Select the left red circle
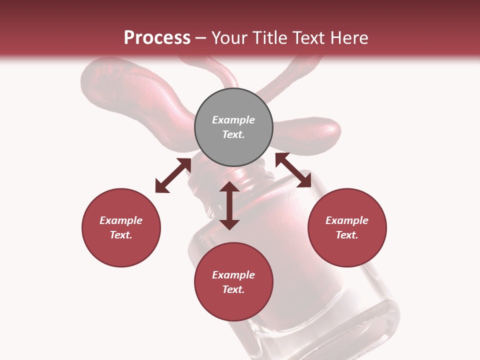pyautogui.click(x=121, y=227)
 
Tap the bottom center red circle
pyautogui.click(x=233, y=281)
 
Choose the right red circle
pyautogui.click(x=346, y=227)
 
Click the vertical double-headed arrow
pyautogui.click(x=229, y=205)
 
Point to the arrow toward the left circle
pyautogui.click(x=173, y=175)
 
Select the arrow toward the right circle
pyautogui.click(x=293, y=170)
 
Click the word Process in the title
pyautogui.click(x=157, y=38)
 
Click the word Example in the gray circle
pyautogui.click(x=233, y=120)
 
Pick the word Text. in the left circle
pyautogui.click(x=121, y=235)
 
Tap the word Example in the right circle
pyautogui.click(x=346, y=220)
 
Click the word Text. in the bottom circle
pyautogui.click(x=233, y=289)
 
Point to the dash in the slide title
pyautogui.click(x=201, y=38)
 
